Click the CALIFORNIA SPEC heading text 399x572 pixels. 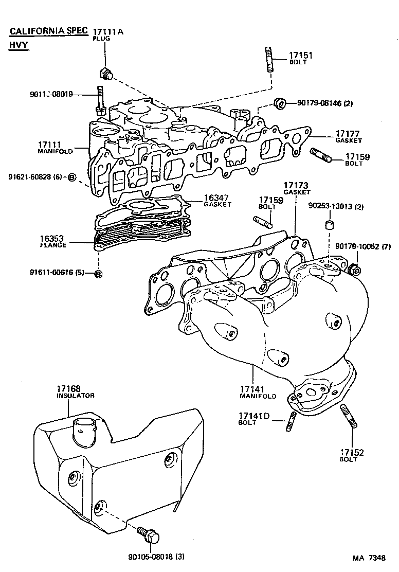tap(49, 31)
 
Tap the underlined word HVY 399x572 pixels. tap(19, 45)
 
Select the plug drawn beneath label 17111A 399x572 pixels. tap(106, 74)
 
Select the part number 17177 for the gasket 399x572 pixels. tap(349, 133)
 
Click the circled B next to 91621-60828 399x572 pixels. tap(72, 177)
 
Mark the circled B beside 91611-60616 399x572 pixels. tap(99, 273)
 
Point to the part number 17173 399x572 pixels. tap(297, 185)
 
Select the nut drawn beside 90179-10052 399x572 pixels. tap(354, 269)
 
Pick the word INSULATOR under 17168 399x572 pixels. tap(75, 396)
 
